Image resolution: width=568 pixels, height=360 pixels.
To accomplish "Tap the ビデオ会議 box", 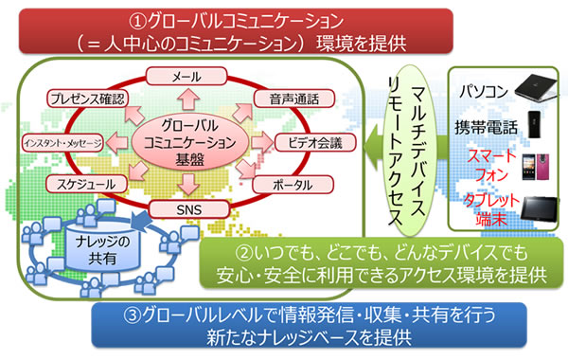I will click(x=308, y=142).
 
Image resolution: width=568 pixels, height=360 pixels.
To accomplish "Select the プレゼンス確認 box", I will click(x=85, y=98).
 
